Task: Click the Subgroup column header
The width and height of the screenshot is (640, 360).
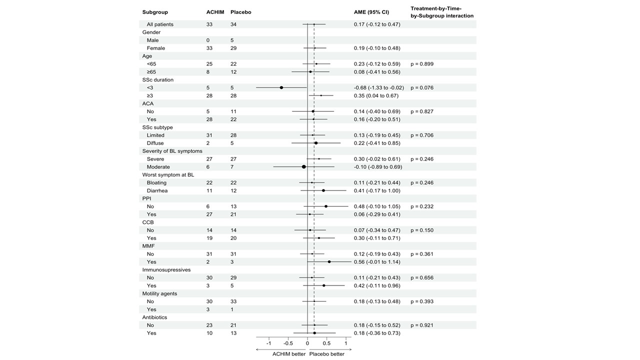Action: pyautogui.click(x=155, y=12)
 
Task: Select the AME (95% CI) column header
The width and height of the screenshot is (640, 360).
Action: pyautogui.click(x=371, y=12)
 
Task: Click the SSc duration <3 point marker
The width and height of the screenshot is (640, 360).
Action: pyautogui.click(x=281, y=87)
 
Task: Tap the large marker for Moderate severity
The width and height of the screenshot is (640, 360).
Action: pyautogui.click(x=304, y=167)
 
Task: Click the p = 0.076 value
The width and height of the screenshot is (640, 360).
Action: pyautogui.click(x=422, y=87)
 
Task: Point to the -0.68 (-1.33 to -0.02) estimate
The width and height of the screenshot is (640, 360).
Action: pyautogui.click(x=378, y=87)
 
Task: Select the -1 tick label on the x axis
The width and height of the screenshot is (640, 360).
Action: pyautogui.click(x=268, y=343)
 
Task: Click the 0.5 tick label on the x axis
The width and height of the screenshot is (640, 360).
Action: pyautogui.click(x=326, y=343)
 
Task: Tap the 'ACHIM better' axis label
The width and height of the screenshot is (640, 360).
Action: pyautogui.click(x=288, y=354)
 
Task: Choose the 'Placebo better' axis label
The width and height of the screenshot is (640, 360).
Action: pyautogui.click(x=327, y=354)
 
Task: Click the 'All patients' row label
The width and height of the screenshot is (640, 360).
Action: pyautogui.click(x=160, y=24)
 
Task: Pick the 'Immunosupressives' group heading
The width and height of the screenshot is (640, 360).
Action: pyautogui.click(x=166, y=270)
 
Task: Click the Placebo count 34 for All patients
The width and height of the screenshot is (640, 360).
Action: pyautogui.click(x=233, y=24)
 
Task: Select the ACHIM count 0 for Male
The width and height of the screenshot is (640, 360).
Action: pyautogui.click(x=208, y=40)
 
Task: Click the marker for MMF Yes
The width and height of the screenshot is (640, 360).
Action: pyautogui.click(x=329, y=262)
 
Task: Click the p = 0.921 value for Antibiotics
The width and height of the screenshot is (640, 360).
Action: pyautogui.click(x=422, y=325)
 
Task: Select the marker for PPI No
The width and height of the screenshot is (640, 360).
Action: pyautogui.click(x=326, y=206)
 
